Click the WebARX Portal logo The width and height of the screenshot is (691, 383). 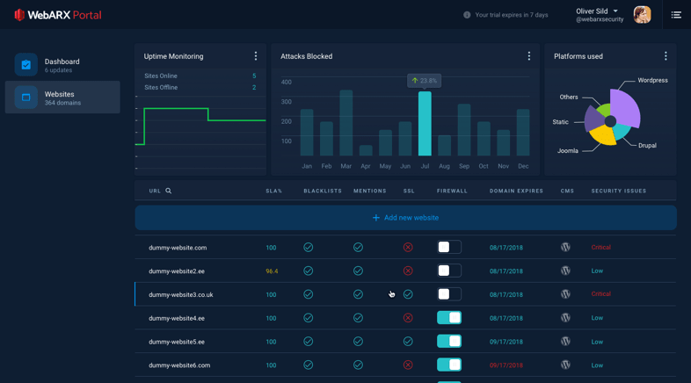57,15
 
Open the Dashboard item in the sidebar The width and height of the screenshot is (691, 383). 62,65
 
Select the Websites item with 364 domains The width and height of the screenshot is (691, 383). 62,98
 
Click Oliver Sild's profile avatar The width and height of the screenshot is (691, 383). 642,15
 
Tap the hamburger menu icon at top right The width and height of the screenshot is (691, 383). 676,15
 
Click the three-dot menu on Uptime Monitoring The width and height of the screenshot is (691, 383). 256,56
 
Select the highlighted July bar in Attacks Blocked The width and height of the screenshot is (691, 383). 425,124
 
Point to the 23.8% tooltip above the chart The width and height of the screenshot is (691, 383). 424,80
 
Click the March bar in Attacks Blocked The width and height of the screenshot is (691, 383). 345,123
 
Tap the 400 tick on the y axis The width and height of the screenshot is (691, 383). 286,83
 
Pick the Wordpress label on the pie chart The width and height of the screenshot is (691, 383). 652,80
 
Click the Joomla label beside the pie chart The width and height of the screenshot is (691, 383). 568,151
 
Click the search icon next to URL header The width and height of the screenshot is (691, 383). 169,191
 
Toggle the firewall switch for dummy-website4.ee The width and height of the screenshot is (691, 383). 449,318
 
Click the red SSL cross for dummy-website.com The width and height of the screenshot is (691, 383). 408,248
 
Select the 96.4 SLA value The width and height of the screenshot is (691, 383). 272,271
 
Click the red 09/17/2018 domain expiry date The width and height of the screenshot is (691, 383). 506,365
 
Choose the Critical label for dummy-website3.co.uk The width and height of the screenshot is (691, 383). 600,294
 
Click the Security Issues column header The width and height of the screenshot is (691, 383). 618,191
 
